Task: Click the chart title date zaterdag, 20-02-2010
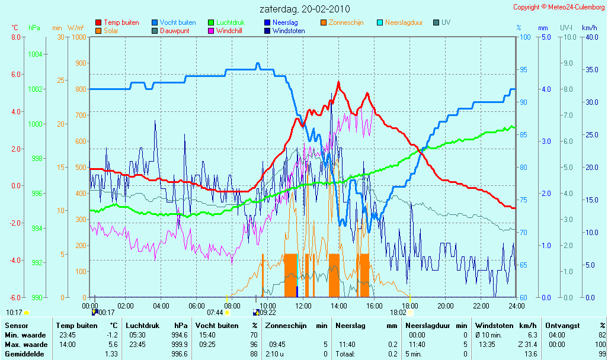tap(305, 9)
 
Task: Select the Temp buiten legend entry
tap(117, 22)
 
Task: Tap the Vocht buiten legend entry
tap(174, 22)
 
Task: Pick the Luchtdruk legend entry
tap(226, 22)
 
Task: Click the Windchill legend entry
tap(225, 31)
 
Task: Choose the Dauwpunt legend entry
tap(170, 31)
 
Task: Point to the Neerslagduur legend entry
tap(400, 22)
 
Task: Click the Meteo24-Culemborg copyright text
tap(559, 7)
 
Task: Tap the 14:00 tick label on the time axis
tap(338, 306)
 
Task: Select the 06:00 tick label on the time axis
tap(196, 306)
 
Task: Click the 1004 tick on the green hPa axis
tap(36, 54)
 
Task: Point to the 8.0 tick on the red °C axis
tap(16, 37)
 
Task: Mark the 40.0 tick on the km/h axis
tap(592, 37)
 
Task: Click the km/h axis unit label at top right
tap(590, 28)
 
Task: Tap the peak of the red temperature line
tap(338, 82)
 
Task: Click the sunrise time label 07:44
tap(215, 313)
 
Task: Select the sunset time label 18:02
tap(398, 313)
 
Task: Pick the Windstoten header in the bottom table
tap(494, 326)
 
